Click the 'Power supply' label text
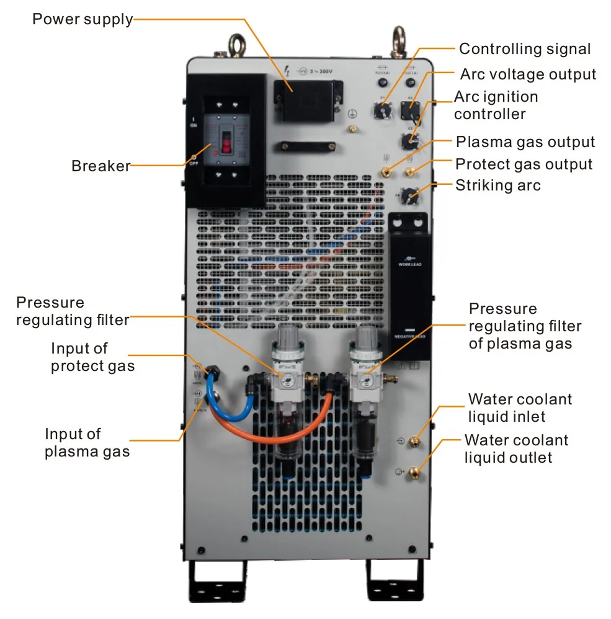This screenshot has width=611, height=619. [x=82, y=19]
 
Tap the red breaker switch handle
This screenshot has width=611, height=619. [x=226, y=145]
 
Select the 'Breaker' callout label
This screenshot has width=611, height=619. [x=100, y=166]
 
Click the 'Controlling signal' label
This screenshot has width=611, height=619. [x=524, y=49]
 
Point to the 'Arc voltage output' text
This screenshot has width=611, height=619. [x=528, y=74]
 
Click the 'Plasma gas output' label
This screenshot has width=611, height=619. [x=525, y=142]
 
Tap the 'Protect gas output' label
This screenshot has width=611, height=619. [x=524, y=164]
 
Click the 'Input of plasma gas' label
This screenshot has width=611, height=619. [x=87, y=442]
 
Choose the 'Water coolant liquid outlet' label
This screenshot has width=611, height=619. [x=515, y=449]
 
